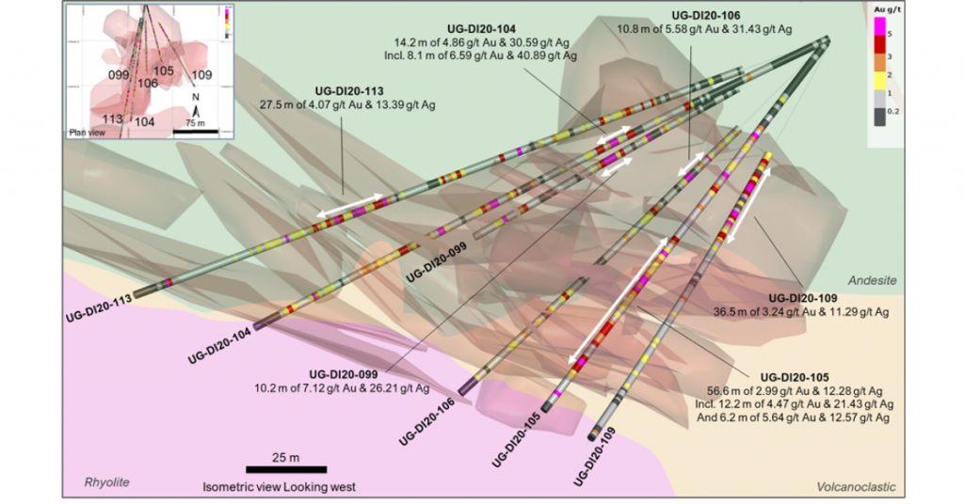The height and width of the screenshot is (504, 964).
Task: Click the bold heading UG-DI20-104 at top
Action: (x=487, y=30)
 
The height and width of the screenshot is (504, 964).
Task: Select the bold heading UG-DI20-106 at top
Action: (x=706, y=16)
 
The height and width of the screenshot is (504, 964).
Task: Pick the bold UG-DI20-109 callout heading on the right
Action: (x=796, y=297)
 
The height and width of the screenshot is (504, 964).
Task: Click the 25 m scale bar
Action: (x=286, y=468)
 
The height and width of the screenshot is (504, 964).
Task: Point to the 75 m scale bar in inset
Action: (x=195, y=130)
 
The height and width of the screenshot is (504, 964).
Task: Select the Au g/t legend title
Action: (x=879, y=8)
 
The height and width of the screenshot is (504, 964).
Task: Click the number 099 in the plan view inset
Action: (x=118, y=73)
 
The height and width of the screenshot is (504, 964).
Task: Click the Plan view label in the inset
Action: (x=88, y=131)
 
